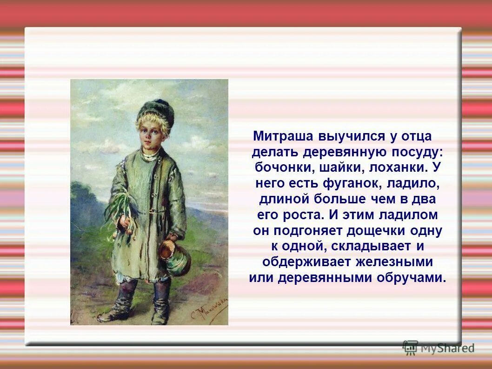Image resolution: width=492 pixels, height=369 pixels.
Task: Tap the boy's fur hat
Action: [x=156, y=113]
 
